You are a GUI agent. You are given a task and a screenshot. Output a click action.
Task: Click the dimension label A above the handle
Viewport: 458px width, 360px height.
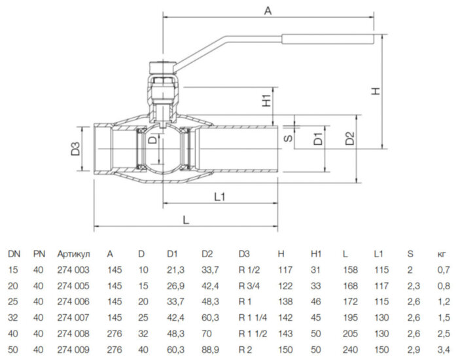pyautogui.click(x=268, y=10)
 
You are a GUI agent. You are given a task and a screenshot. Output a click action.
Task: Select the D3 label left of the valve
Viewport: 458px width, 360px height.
pyautogui.click(x=75, y=149)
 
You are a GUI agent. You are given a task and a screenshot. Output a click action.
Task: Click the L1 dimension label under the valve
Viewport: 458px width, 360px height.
pyautogui.click(x=220, y=196)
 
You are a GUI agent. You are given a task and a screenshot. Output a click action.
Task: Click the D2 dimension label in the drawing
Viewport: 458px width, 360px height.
pyautogui.click(x=349, y=139)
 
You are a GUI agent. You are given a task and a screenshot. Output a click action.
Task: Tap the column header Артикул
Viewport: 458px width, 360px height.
pyautogui.click(x=73, y=254)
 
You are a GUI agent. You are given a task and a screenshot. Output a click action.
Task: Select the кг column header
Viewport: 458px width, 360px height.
pyautogui.click(x=442, y=255)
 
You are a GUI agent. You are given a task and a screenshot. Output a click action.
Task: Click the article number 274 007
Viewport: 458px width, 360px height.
pyautogui.click(x=73, y=317)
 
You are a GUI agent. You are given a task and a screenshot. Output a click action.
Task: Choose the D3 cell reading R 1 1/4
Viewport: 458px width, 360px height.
pyautogui.click(x=253, y=317)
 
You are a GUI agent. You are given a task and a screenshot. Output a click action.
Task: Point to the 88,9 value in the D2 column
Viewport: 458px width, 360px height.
pyautogui.click(x=210, y=350)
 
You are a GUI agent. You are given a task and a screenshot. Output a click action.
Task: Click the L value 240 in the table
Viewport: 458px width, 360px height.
pyautogui.click(x=350, y=350)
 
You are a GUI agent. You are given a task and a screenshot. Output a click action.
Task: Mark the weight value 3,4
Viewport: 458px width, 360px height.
pyautogui.click(x=444, y=350)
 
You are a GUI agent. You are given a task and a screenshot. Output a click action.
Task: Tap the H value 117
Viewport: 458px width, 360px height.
pyautogui.click(x=285, y=270)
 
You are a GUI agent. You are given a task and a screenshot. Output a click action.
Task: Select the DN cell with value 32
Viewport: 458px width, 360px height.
pyautogui.click(x=13, y=317)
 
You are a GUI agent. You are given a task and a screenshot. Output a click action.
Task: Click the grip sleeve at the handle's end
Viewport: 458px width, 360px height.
pyautogui.click(x=328, y=39)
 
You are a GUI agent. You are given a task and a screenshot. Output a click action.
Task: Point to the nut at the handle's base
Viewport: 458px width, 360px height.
pyautogui.click(x=162, y=67)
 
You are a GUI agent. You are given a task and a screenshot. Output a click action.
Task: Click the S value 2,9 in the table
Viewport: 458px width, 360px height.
pyautogui.click(x=414, y=350)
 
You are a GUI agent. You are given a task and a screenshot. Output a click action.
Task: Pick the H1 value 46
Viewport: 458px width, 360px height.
pyautogui.click(x=316, y=302)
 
